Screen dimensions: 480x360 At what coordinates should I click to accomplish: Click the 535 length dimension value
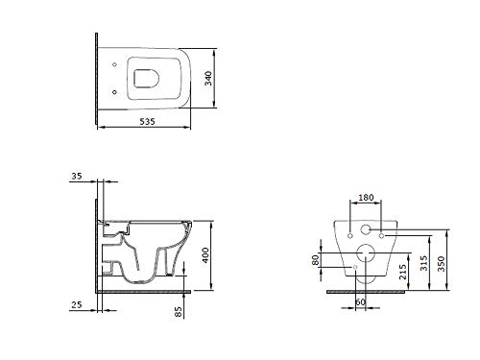(147, 122)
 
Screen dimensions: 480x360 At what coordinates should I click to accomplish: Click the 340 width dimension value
(208, 79)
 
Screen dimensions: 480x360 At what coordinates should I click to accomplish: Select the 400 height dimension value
(205, 255)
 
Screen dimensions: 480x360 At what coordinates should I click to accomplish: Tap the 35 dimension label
(77, 176)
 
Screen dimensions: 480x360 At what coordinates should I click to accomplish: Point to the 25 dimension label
(77, 304)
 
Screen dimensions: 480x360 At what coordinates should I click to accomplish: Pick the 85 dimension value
(179, 312)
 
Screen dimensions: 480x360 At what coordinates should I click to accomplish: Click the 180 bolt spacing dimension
(366, 198)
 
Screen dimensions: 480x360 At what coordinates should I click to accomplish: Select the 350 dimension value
(442, 264)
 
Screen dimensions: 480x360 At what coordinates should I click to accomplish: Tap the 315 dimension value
(424, 263)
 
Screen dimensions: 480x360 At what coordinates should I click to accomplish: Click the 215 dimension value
(403, 272)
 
